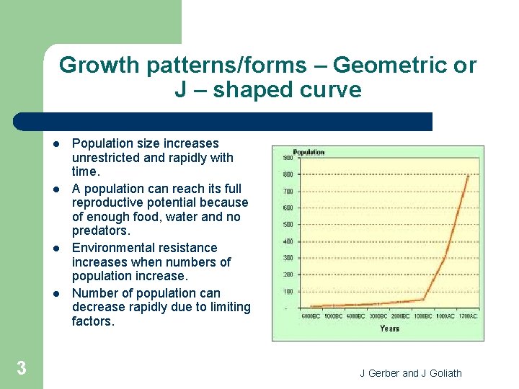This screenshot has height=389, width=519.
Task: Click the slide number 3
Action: coord(22,369)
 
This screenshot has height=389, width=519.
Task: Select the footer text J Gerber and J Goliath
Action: coord(411,372)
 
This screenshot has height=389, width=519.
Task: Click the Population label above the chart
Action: coord(309,152)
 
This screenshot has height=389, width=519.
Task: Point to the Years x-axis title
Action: coord(389,328)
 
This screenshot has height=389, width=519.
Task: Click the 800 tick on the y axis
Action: coord(287,174)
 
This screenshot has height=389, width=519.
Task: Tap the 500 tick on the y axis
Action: coord(287,225)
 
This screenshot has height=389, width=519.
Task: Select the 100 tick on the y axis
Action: coord(287,291)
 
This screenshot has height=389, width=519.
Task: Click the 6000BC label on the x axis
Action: coord(310,316)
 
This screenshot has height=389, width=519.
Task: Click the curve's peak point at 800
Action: coord(469,175)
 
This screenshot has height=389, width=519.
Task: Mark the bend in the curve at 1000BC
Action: coord(423,299)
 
